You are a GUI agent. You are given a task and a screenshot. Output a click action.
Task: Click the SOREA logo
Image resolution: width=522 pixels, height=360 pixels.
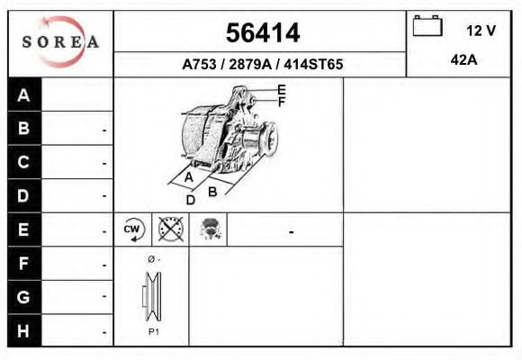[x=60, y=43]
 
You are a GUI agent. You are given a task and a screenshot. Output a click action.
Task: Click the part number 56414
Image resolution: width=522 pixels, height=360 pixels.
[x=262, y=33]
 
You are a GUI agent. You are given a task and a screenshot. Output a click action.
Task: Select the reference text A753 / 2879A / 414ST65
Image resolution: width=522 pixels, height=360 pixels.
[x=262, y=65]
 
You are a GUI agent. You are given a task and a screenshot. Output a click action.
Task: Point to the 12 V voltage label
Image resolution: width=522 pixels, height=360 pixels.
[x=481, y=30]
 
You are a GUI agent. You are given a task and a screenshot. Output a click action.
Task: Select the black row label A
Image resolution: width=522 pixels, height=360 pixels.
[x=24, y=95]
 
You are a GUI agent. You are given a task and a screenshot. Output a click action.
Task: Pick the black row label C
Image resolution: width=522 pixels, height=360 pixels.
[x=24, y=163]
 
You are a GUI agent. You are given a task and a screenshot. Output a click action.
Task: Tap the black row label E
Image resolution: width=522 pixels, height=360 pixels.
[x=24, y=229]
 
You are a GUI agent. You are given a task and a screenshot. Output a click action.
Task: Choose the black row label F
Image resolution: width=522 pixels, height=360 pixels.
[x=24, y=264]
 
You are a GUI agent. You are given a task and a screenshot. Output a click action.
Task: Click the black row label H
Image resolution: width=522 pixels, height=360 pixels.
[x=24, y=330]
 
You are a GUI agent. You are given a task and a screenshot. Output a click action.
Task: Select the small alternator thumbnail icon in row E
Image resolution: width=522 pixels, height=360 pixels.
[x=210, y=229]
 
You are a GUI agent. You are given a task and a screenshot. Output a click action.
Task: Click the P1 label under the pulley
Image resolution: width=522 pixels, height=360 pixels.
[x=153, y=331]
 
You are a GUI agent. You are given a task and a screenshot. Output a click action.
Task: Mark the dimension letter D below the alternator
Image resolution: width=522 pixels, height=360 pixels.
[x=190, y=200]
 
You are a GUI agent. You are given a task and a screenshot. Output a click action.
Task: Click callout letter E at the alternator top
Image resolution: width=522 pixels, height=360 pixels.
[x=282, y=89]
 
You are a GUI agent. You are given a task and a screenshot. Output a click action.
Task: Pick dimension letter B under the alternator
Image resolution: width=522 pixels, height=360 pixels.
[x=212, y=191]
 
